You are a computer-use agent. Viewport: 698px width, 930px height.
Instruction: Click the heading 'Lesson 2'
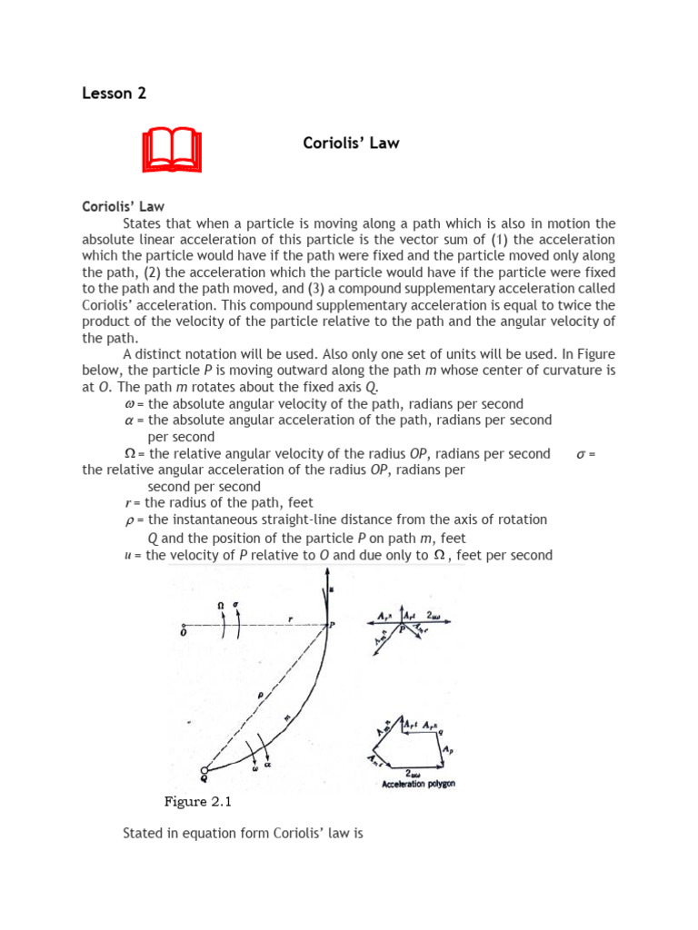(115, 93)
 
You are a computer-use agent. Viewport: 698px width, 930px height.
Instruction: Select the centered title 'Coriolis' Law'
(350, 143)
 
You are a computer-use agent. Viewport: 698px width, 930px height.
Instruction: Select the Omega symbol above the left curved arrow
(219, 604)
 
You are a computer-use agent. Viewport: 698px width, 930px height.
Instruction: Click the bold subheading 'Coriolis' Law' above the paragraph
(123, 206)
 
